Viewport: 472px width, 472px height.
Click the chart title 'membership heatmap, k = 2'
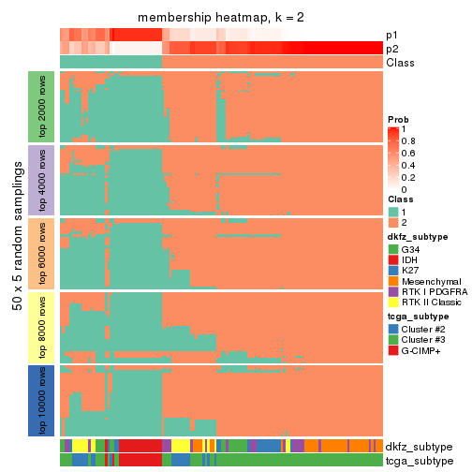click(x=221, y=19)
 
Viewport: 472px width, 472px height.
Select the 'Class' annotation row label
click(x=400, y=63)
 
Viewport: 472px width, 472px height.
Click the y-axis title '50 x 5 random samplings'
click(x=16, y=253)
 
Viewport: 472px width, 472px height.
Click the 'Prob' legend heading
click(x=399, y=120)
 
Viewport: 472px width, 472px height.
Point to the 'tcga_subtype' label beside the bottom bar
click(x=420, y=460)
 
